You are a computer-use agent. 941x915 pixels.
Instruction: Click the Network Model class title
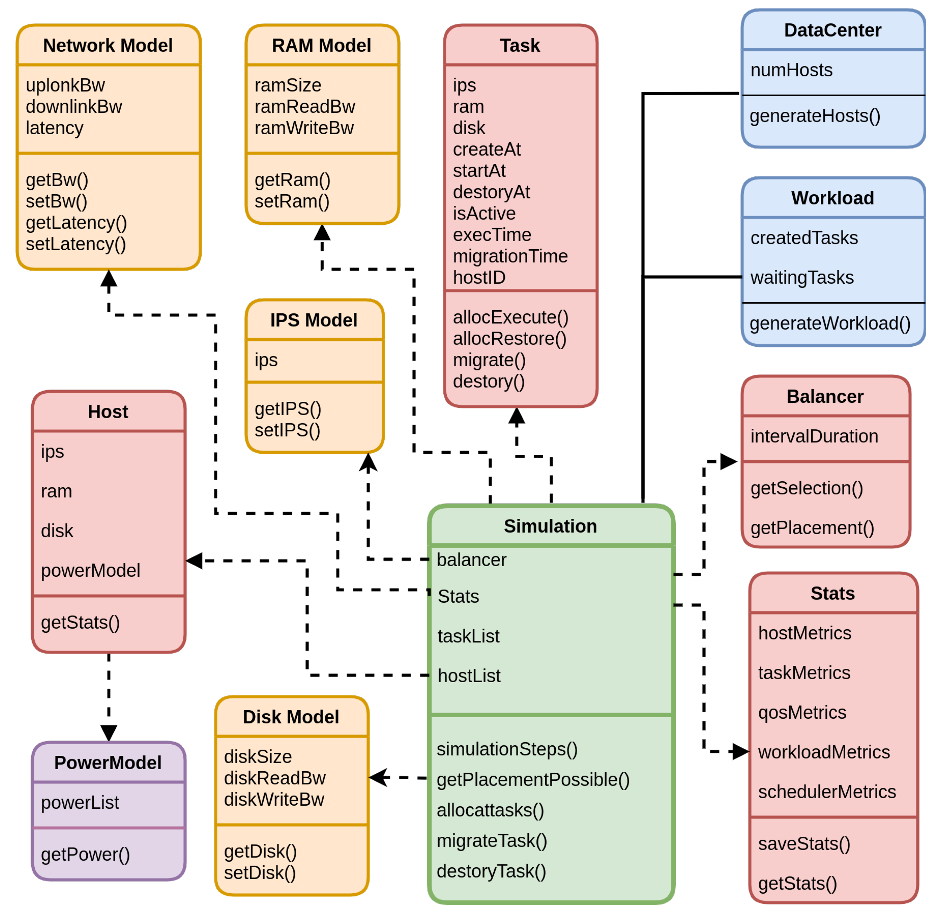108,45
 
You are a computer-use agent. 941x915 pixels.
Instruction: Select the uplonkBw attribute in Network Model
65,85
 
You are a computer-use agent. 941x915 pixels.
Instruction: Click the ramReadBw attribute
305,107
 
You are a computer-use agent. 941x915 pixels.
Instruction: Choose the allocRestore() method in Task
509,339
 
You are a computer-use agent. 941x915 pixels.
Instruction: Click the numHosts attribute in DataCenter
791,70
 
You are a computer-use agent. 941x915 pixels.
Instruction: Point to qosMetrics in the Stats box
801,712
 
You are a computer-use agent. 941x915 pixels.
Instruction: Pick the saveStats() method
804,844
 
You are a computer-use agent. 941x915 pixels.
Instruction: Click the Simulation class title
550,526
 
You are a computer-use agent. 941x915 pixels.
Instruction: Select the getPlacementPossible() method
533,779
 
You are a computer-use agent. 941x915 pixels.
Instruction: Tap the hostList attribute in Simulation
469,676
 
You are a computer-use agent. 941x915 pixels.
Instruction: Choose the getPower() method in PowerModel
85,854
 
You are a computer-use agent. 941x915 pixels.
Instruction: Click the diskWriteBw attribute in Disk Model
274,800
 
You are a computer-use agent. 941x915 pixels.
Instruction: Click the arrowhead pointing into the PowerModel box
109,732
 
